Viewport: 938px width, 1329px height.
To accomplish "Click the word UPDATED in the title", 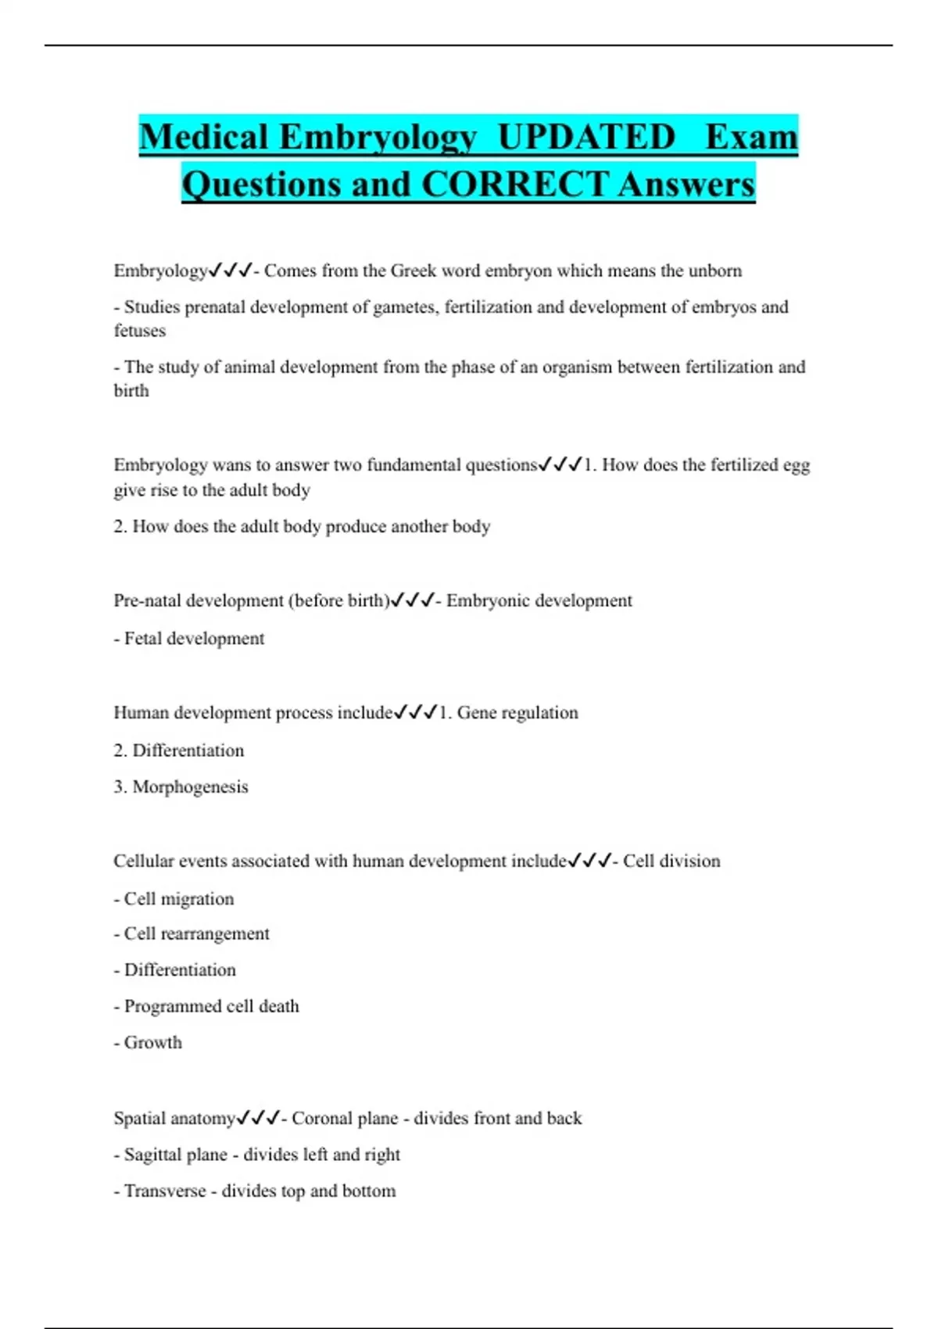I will [x=586, y=138].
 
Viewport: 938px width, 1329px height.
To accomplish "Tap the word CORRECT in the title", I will [x=514, y=185].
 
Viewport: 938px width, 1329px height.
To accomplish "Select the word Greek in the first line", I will [x=414, y=271].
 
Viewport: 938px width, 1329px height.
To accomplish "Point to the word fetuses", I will [x=140, y=331].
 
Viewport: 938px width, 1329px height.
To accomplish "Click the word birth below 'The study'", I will [x=131, y=391].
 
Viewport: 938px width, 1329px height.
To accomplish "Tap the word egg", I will [x=796, y=465].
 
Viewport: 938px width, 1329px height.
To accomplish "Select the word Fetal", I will [x=143, y=639].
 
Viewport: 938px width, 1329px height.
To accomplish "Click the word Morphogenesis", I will [x=190, y=787].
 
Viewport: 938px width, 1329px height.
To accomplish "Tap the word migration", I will [x=197, y=899].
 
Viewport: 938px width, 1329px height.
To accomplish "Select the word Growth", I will [x=153, y=1043].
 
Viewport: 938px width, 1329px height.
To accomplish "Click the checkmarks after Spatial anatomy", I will [x=258, y=1119].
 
